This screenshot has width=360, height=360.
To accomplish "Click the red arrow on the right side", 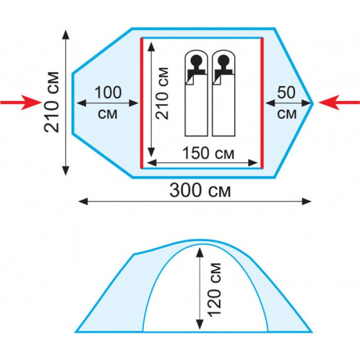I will point(339,103).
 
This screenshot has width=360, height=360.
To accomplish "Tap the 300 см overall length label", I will point(200,190).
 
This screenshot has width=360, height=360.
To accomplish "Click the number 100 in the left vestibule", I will point(108,93).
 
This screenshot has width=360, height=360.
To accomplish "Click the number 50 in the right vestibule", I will point(287,93).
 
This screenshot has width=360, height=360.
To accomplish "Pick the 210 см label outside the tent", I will point(53,102).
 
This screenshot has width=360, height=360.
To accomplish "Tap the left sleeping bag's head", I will point(196,60).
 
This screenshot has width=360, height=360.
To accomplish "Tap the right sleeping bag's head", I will point(224,60).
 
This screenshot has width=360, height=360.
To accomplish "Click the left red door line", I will point(141,103).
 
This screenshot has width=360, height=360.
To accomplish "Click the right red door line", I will point(262,103).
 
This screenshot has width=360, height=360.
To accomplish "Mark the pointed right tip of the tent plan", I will point(312,103).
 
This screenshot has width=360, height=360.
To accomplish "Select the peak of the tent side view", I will point(196,240).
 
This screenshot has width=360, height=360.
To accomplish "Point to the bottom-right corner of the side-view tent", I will point(311,331).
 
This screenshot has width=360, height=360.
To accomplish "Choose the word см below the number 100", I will point(108,114).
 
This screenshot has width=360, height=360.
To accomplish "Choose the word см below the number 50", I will point(287,114).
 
